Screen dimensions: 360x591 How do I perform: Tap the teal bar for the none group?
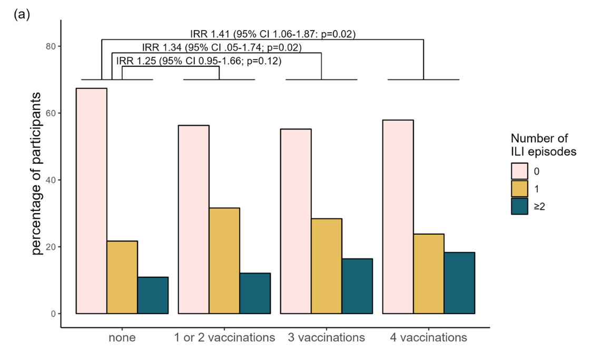point(153,295)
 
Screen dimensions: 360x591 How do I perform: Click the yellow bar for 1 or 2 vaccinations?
point(224,261)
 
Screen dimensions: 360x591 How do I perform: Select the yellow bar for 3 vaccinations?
point(327,266)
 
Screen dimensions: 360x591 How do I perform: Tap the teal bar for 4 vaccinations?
point(459,283)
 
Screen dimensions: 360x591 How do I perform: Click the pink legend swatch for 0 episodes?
point(519,171)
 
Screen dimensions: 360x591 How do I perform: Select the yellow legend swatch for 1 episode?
point(519,189)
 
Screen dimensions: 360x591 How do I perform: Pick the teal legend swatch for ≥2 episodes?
point(519,207)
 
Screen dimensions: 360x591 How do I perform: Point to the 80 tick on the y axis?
point(51,46)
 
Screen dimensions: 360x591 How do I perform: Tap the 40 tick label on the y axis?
point(51,180)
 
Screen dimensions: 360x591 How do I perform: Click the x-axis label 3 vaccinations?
point(326,337)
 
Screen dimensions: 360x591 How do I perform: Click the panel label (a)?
point(22,14)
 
